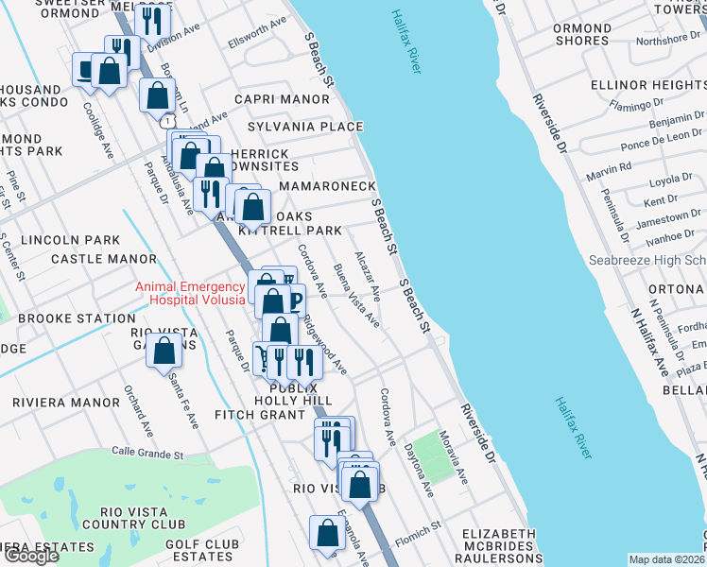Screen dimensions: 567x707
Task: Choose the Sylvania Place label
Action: tap(305, 127)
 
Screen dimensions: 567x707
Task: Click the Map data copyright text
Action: tap(667, 559)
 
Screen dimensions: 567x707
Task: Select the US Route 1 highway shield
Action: tap(166, 122)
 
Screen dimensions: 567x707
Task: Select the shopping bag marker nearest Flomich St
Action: tap(326, 533)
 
